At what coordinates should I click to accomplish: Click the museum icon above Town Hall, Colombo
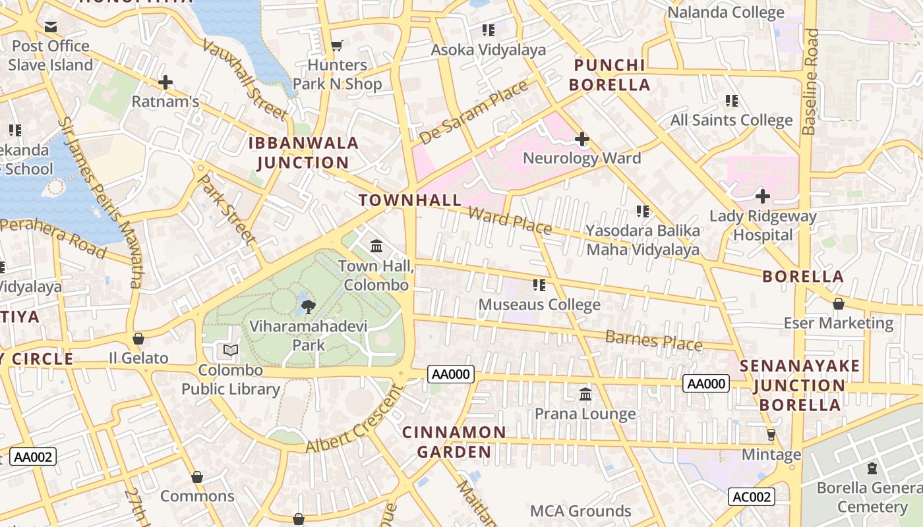pos(376,246)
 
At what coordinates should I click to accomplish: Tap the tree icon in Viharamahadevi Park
pos(308,306)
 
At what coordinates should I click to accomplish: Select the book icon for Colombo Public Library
pos(231,350)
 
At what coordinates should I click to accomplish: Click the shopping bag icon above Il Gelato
pos(138,339)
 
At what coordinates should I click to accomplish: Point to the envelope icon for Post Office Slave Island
pos(51,27)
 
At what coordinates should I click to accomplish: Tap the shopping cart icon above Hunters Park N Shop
pos(337,45)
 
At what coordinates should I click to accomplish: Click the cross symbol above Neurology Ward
pos(581,139)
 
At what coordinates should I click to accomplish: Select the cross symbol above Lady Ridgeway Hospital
pos(763,196)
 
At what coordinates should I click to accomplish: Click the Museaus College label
pos(539,304)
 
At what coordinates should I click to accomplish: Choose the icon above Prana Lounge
pos(585,394)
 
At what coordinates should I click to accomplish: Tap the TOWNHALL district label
pos(409,200)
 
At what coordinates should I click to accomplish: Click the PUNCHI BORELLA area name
pos(609,75)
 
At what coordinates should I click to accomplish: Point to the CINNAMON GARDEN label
pos(454,442)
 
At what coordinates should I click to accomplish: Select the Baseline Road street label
pos(810,82)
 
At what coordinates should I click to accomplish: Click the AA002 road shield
pos(33,457)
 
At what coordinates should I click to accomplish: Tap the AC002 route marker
pos(751,497)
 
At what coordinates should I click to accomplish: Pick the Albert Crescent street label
pos(354,420)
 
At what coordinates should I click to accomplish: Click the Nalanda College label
pos(726,13)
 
